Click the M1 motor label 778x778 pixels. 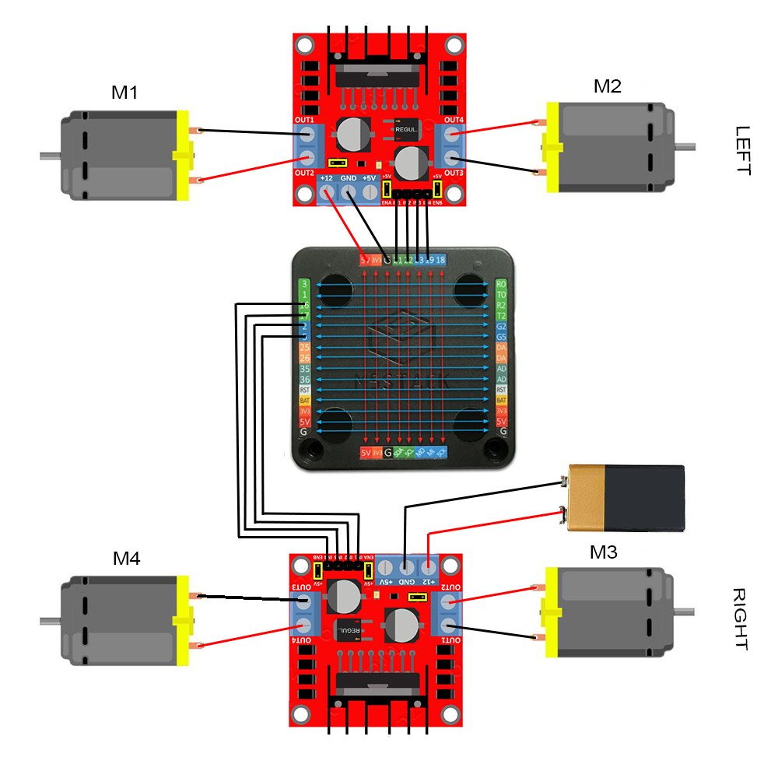[x=124, y=93]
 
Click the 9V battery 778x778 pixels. [x=626, y=498]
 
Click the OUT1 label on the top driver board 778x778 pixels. [x=304, y=120]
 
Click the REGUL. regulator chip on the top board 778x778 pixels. [x=406, y=128]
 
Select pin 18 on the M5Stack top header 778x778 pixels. [x=441, y=260]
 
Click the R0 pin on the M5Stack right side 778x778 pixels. [x=501, y=285]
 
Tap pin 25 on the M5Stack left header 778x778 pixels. [x=305, y=347]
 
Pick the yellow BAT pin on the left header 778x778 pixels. [x=305, y=400]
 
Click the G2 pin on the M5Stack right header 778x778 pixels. [x=501, y=327]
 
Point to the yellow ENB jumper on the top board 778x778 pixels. [x=437, y=189]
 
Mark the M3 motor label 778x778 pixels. [x=603, y=552]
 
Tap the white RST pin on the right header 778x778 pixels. [x=501, y=390]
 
